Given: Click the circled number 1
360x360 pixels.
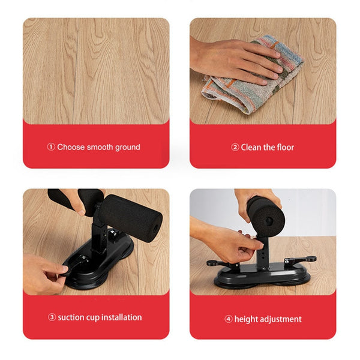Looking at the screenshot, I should (x=51, y=147).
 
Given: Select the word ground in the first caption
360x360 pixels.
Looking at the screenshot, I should (x=127, y=147).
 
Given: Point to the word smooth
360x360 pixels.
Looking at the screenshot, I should (x=100, y=147).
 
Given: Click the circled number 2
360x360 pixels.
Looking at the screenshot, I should (x=235, y=147).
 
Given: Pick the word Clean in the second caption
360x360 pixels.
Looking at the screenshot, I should (x=251, y=147).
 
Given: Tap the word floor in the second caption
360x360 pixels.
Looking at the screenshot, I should (x=286, y=147).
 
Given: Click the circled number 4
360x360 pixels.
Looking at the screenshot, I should (x=229, y=319).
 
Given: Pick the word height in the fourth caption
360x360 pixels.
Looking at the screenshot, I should (x=245, y=319).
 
